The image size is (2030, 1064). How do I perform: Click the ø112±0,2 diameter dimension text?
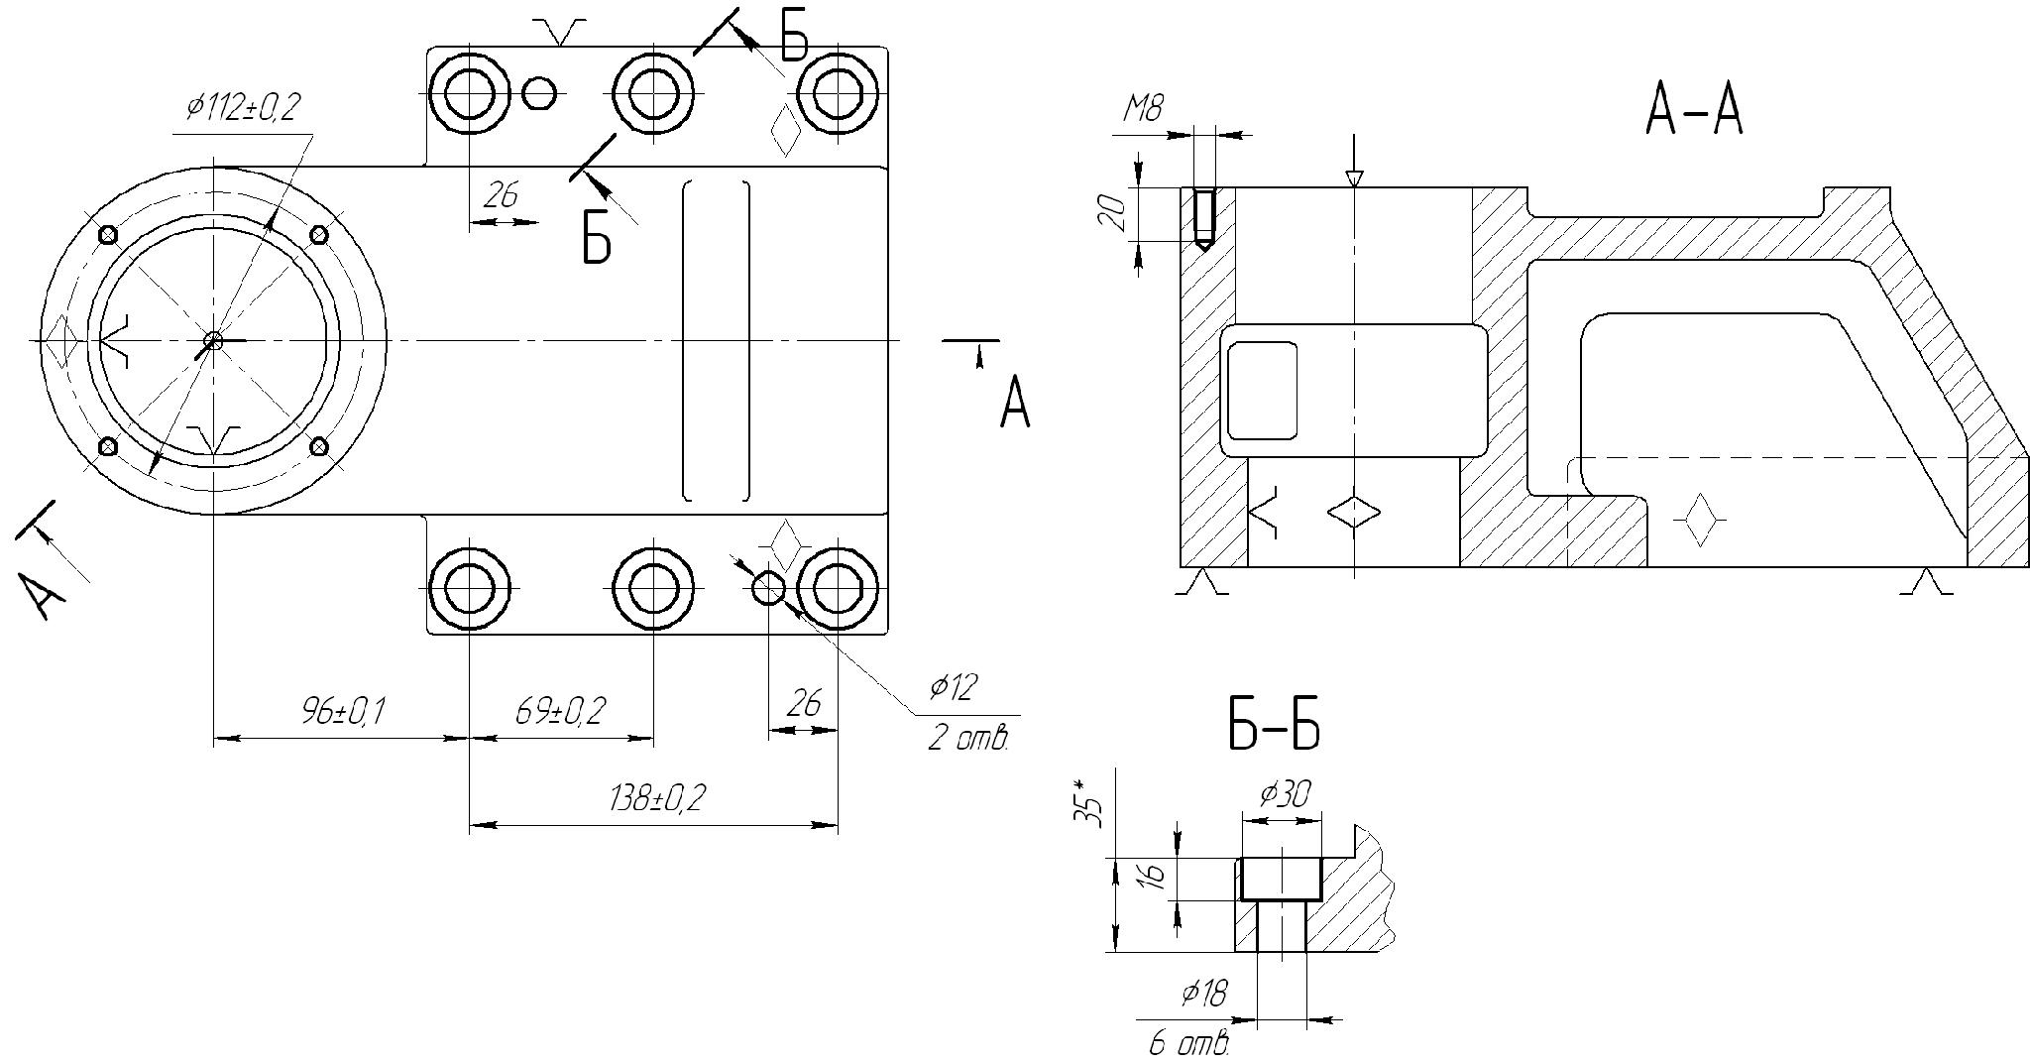tap(243, 108)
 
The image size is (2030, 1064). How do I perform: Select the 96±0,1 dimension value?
tap(343, 711)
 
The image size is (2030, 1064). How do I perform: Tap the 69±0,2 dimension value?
tap(560, 711)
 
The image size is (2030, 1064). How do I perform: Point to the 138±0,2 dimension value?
tap(657, 798)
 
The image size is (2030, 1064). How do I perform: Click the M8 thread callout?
tap(1143, 108)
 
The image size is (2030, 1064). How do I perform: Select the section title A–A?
tap(1693, 110)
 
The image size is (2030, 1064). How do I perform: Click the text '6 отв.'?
tap(1189, 1044)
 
